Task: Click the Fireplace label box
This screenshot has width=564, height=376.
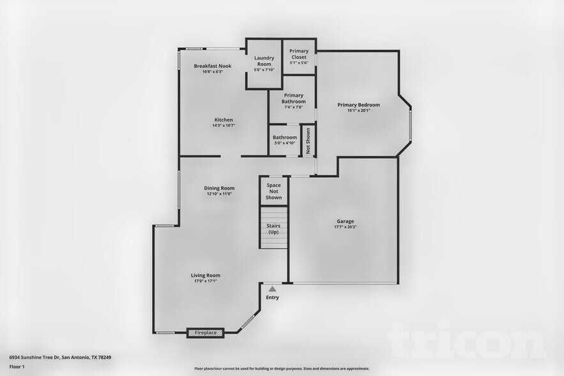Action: pyautogui.click(x=205, y=333)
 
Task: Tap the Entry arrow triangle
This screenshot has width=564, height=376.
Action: pyautogui.click(x=272, y=289)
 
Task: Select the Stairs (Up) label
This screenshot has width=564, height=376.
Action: pyautogui.click(x=273, y=228)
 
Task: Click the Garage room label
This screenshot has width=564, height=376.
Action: pyautogui.click(x=345, y=221)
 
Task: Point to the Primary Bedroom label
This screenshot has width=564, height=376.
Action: pyautogui.click(x=358, y=105)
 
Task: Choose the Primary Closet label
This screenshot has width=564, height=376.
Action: pyautogui.click(x=299, y=54)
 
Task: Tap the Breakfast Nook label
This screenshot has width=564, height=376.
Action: pyautogui.click(x=212, y=66)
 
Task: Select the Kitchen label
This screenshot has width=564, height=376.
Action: pyautogui.click(x=224, y=120)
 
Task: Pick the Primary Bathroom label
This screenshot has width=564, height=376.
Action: pyautogui.click(x=294, y=98)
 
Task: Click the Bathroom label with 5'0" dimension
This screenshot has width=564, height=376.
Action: pyautogui.click(x=285, y=137)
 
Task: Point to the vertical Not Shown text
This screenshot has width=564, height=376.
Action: pyautogui.click(x=307, y=141)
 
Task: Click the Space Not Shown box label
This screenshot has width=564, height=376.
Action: pyautogui.click(x=273, y=191)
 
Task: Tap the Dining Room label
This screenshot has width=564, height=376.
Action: pyautogui.click(x=219, y=188)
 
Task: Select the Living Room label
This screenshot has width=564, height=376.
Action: pyautogui.click(x=205, y=276)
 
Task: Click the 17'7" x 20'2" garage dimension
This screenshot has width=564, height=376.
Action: pyautogui.click(x=345, y=227)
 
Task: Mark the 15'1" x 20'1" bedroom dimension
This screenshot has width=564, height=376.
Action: pyautogui.click(x=358, y=111)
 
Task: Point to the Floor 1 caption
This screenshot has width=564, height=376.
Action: pyautogui.click(x=17, y=367)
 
